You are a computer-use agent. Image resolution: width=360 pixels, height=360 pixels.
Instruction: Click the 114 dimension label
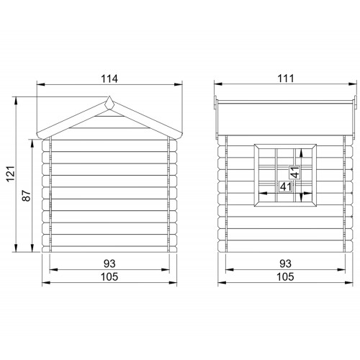pos(109,78)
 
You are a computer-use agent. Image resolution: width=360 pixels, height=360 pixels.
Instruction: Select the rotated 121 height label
pos(11,174)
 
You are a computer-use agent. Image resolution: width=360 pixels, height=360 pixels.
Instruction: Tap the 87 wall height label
pos(27,196)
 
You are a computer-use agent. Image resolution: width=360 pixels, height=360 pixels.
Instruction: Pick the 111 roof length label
pos(286,78)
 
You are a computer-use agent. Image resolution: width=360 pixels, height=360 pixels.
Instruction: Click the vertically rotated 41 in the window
pos(295,172)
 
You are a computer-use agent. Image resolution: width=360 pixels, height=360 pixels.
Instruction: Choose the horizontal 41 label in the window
pos(286,186)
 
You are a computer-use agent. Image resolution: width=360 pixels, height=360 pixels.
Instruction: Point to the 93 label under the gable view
pos(109,264)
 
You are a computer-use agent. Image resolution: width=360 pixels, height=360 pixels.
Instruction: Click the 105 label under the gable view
pos(109,276)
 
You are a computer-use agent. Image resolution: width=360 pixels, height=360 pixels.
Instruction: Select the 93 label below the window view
pos(286,264)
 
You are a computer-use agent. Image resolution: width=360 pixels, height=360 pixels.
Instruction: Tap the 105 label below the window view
pos(286,276)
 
